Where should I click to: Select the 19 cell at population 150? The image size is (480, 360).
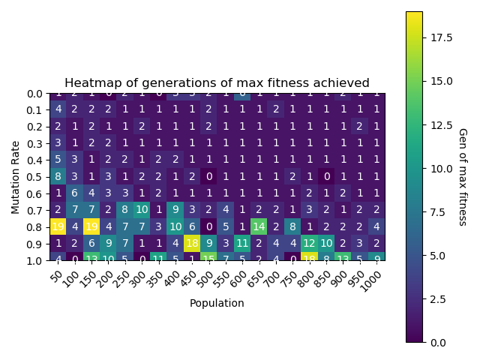click(91, 226)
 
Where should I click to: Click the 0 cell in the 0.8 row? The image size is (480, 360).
click(209, 226)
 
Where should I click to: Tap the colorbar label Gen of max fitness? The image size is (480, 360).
click(462, 176)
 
